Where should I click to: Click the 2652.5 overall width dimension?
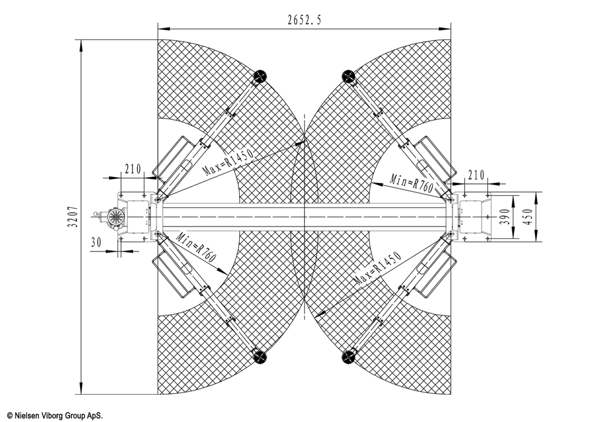305,20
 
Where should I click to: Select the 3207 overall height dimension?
74,216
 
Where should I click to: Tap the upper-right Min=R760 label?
411,182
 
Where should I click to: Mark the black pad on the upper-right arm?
348,76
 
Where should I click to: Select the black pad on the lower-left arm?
259,356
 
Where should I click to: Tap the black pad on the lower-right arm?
348,356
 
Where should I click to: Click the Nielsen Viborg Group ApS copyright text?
55,415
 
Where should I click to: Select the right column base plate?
475,217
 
